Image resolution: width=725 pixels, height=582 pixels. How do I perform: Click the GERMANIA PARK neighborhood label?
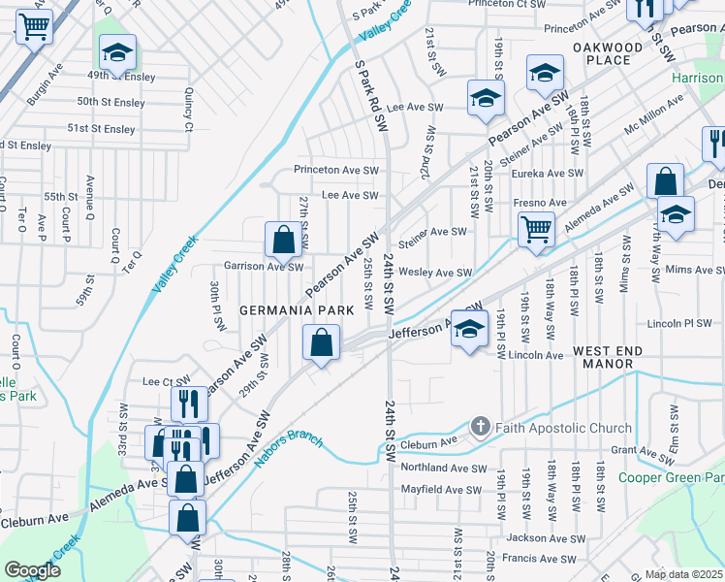[300, 309]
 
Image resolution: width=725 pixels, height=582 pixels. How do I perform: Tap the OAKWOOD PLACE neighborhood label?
[608, 53]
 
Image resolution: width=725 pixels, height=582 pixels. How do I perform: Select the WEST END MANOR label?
[616, 357]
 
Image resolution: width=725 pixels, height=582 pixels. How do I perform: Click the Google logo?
[32, 570]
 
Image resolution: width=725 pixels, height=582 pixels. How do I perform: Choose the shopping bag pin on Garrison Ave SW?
[282, 240]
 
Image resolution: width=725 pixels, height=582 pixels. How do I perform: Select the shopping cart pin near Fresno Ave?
[535, 230]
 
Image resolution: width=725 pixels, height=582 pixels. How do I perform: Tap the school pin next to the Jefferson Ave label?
[469, 330]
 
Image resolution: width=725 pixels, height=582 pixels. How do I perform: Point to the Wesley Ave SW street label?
[435, 274]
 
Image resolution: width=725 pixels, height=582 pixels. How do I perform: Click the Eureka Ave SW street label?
[548, 175]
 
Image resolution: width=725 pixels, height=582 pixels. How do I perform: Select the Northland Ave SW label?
[442, 468]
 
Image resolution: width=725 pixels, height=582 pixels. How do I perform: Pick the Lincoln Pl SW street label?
[678, 323]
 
